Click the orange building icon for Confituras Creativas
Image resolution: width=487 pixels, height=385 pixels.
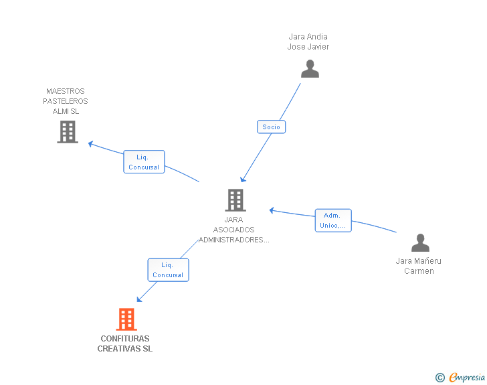[x=126, y=319]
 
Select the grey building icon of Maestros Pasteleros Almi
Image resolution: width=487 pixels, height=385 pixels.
[x=68, y=132]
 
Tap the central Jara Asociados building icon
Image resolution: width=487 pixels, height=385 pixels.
[x=235, y=200]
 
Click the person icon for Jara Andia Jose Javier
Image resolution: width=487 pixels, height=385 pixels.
[x=310, y=68]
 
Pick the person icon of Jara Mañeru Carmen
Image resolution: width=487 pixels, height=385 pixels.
[x=420, y=242]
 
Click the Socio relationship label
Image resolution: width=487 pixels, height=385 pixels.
[x=271, y=127]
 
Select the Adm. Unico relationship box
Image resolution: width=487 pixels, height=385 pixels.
[x=332, y=220]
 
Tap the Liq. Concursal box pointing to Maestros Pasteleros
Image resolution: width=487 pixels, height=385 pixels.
[x=143, y=162]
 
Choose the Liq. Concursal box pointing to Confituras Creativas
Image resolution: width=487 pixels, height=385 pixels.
[x=168, y=270]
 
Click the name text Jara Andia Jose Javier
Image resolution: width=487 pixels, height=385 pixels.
[x=308, y=42]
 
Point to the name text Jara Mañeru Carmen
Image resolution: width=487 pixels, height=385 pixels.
[x=419, y=266]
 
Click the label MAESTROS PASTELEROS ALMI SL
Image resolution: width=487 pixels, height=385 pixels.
[x=66, y=101]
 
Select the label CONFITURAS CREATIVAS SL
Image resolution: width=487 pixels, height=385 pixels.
[x=125, y=343]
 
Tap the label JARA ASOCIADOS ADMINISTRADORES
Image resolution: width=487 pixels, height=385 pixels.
[x=234, y=230]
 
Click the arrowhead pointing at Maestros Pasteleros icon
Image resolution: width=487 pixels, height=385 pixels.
[x=91, y=143]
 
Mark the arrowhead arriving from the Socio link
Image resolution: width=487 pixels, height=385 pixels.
[x=243, y=179]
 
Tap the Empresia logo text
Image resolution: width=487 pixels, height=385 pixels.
[x=466, y=378]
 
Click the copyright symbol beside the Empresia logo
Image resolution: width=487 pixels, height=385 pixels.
[x=440, y=378]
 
